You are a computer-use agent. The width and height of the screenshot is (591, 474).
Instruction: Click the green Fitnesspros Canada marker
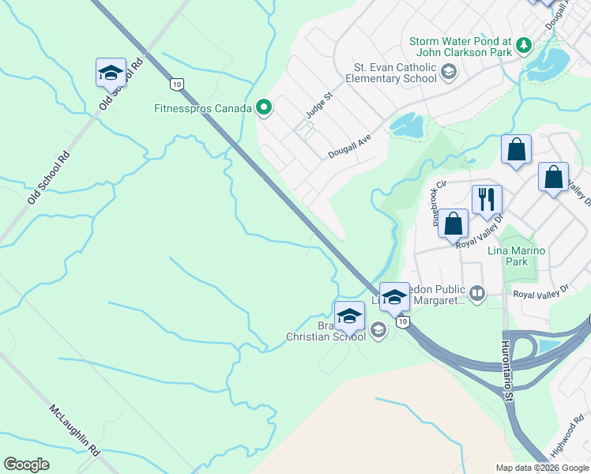click(x=264, y=108)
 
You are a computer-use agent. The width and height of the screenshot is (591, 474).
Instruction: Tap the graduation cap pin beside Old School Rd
click(x=111, y=73)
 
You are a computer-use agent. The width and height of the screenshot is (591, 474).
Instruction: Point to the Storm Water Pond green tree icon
click(x=523, y=46)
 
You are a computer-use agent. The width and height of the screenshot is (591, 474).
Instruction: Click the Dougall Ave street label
click(x=350, y=145)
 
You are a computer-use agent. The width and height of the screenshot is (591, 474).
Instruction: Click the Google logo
click(x=26, y=465)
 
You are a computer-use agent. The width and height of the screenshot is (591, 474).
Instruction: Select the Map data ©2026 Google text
click(x=542, y=467)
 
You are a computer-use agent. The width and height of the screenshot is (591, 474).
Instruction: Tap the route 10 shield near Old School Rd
click(x=175, y=83)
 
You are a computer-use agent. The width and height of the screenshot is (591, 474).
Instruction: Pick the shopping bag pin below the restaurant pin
click(x=454, y=224)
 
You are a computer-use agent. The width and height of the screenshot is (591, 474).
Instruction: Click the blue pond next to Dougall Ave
click(x=406, y=125)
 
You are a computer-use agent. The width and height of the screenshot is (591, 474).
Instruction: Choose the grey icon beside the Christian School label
click(x=378, y=330)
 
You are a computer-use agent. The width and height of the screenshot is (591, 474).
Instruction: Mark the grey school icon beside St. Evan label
click(x=448, y=73)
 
